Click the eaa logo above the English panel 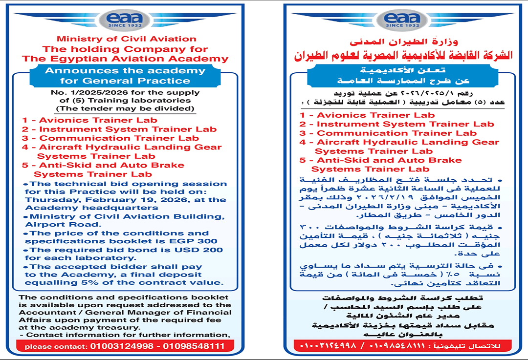(x=126, y=20)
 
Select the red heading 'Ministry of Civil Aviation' (x=126, y=39)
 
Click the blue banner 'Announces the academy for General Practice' (x=125, y=75)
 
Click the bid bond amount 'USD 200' (x=205, y=250)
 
